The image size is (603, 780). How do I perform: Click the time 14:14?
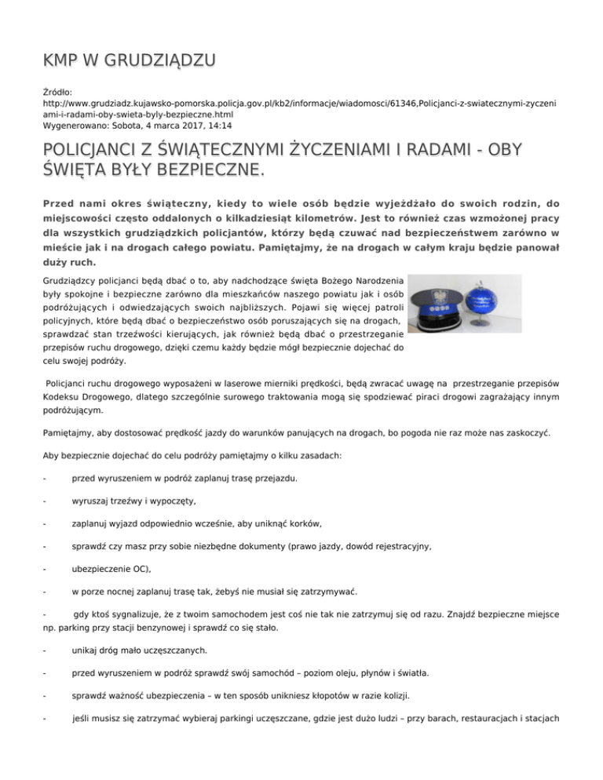coord(220,125)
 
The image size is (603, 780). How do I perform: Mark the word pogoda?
coord(422,431)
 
